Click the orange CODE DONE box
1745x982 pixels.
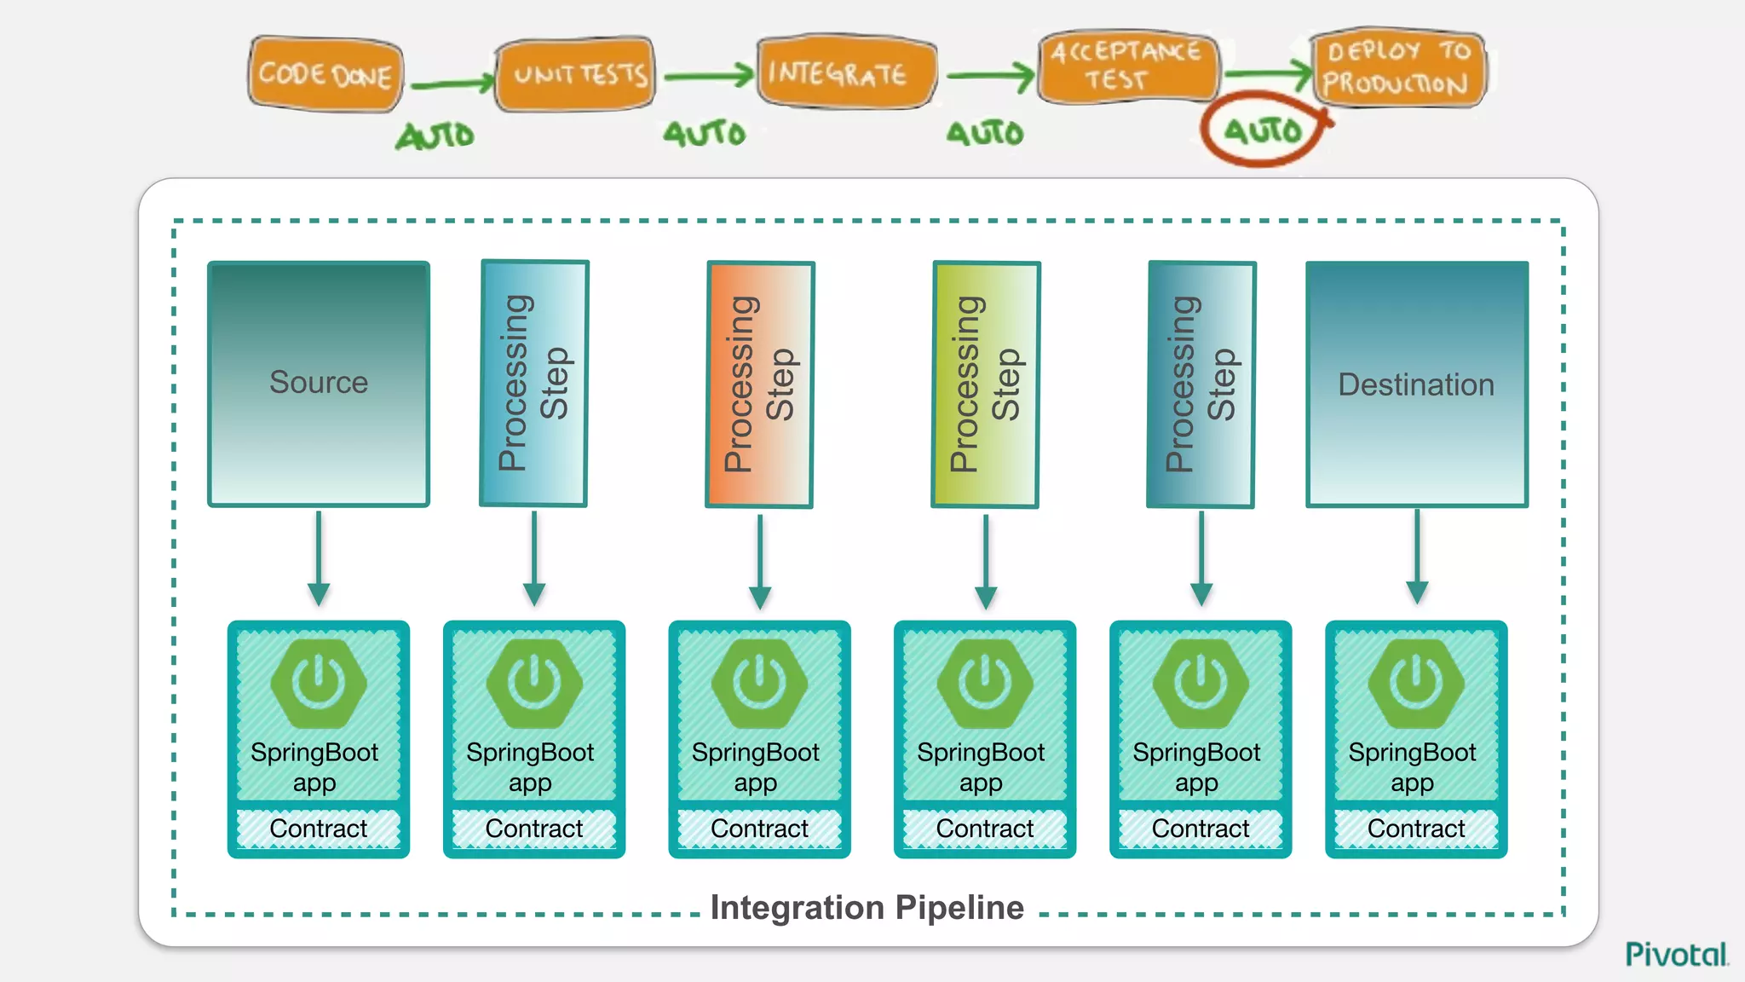coord(325,74)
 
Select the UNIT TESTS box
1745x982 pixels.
coord(577,74)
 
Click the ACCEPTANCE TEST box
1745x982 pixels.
coord(1126,66)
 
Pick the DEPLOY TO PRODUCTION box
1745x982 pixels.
coord(1397,67)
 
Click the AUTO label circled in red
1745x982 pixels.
coord(1263,130)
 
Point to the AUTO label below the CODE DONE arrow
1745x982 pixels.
coord(435,135)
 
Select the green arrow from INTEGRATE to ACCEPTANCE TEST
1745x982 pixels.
coord(988,77)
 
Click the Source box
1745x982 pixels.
coord(319,384)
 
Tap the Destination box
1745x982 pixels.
coord(1416,384)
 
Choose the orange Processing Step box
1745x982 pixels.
coord(759,384)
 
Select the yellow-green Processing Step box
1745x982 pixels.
coord(985,384)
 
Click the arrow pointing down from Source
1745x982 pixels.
coord(319,558)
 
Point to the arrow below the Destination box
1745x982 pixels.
coord(1417,558)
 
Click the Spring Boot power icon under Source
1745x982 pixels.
coord(319,683)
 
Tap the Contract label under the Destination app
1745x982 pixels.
coord(1416,828)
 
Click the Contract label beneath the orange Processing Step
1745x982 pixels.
coord(759,828)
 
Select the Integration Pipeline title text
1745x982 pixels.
coord(867,908)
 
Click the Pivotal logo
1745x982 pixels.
coord(1676,954)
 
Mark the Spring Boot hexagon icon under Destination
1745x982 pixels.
coord(1416,683)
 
